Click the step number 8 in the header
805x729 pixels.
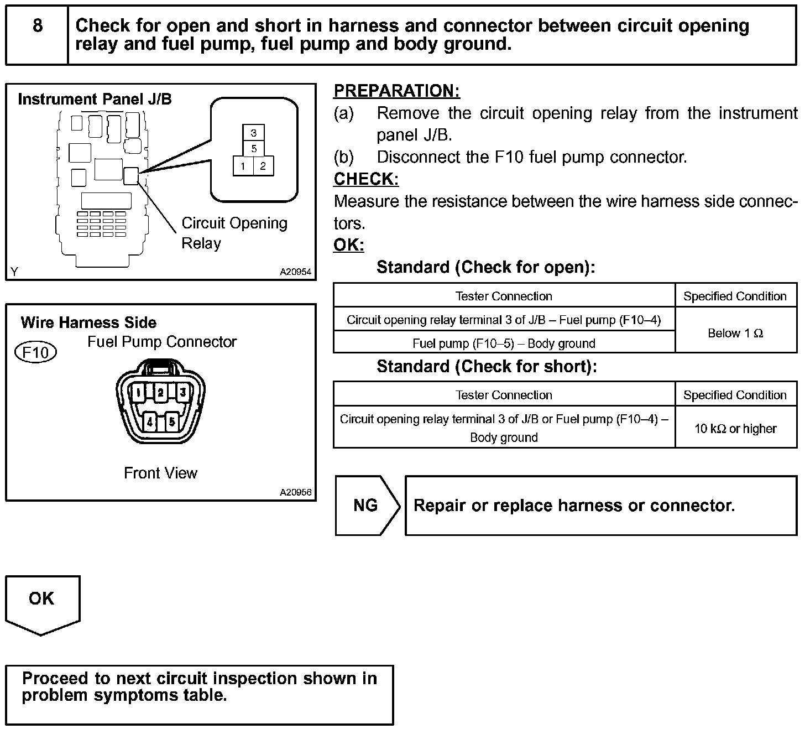coord(37,25)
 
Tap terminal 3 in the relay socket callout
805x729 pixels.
coord(254,133)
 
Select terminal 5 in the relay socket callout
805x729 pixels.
coord(254,149)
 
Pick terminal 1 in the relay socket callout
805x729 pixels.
coord(243,166)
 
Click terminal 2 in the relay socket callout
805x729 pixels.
coord(263,166)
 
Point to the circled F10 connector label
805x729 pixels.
coord(36,352)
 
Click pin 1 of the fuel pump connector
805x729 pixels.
coord(138,393)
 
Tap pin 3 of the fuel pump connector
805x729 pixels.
coord(182,393)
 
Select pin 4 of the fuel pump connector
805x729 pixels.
coord(149,422)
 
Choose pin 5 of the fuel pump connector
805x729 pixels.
coord(172,422)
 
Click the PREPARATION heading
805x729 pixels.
coord(396,91)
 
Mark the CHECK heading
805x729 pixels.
coord(366,179)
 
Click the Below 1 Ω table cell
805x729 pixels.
coord(735,333)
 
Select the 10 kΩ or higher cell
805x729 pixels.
coord(735,429)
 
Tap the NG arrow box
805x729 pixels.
coord(366,506)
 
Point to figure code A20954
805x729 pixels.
coord(295,272)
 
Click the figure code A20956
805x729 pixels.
coord(295,492)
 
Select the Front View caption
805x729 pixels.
coord(160,473)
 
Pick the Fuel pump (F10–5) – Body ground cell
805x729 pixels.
coord(504,343)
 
